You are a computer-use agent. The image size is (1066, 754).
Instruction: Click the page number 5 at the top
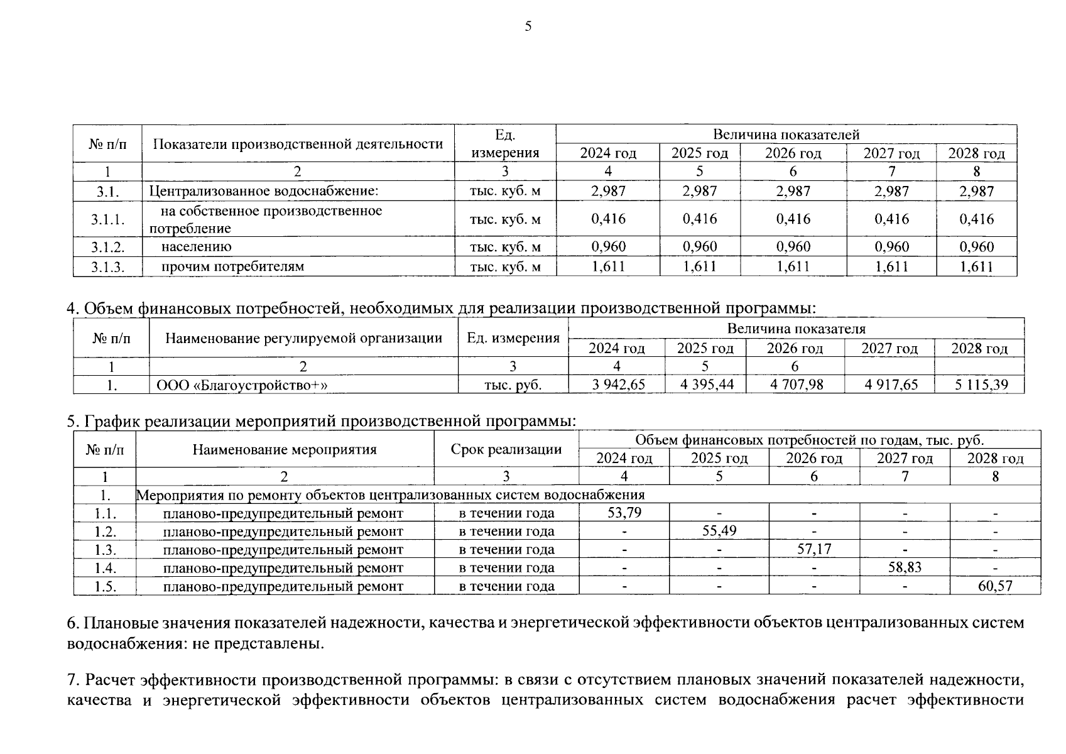[528, 26]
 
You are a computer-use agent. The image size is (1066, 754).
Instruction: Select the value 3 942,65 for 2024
[618, 385]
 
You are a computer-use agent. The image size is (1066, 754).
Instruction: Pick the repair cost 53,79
[624, 513]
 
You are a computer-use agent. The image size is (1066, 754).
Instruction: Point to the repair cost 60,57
[995, 586]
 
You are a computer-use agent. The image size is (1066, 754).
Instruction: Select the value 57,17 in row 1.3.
[814, 549]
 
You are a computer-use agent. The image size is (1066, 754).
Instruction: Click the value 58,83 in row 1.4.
[905, 567]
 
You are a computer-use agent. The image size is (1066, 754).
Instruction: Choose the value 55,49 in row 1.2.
[719, 531]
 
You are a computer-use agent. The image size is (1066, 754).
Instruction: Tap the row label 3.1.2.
[107, 247]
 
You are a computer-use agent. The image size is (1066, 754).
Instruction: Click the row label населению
[197, 247]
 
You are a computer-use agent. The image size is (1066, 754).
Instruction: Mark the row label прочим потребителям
[232, 266]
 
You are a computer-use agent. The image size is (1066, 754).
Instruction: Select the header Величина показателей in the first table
[786, 134]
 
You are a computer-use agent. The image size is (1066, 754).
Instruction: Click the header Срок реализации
[506, 449]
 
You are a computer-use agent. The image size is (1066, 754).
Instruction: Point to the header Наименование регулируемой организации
[303, 338]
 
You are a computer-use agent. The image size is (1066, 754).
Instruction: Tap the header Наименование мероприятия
[285, 449]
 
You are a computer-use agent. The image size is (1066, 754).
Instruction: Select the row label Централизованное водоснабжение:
[264, 191]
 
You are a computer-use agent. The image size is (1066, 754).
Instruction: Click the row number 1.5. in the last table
[105, 586]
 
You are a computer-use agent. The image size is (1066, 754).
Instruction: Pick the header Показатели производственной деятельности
[298, 144]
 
